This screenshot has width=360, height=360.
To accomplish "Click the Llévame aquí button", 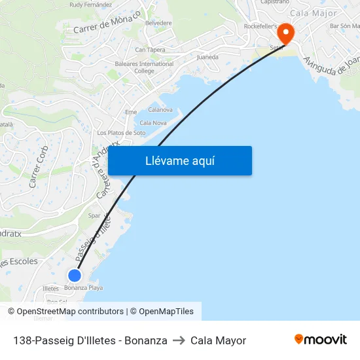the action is coord(180,161).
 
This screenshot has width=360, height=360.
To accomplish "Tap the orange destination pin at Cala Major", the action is coord(286,33).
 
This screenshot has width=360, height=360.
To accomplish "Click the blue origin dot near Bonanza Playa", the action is coord(75,276).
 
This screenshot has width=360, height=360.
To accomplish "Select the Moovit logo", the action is coord(321,340).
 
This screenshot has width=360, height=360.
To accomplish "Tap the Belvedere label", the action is coord(158,23).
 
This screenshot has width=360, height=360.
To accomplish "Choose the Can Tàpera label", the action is coord(150,50).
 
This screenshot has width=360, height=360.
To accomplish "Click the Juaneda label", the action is coord(207,57).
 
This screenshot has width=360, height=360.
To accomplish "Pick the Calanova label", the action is coord(160,110).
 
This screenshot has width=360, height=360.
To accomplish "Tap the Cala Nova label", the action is coord(153,122).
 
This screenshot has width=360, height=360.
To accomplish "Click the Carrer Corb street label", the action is coord(39,167).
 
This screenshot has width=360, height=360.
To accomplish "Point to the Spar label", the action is coord(94,215).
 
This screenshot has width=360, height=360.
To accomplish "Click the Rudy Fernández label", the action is coord(90,5).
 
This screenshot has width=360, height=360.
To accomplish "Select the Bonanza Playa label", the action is coord(83,288).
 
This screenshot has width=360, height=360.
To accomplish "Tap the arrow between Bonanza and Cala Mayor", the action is coord(179,340).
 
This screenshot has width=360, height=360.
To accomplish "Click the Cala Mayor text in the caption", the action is coord(218,340).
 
